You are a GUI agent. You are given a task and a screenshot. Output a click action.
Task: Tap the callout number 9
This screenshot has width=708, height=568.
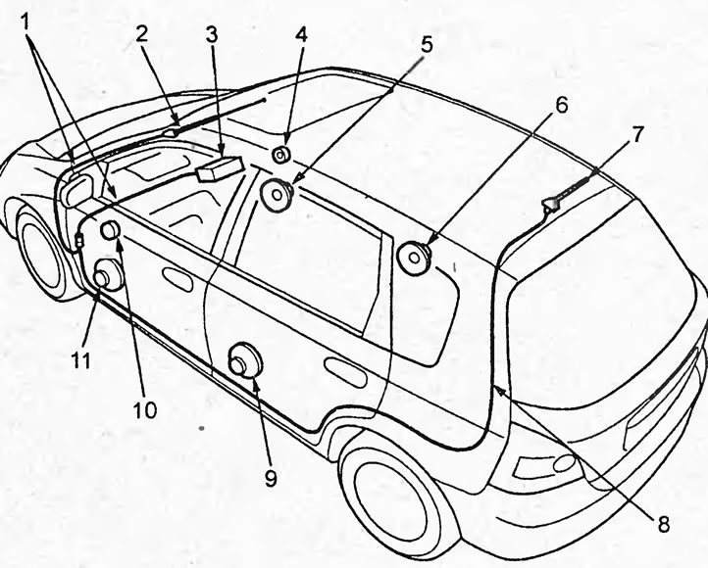coord(272,478)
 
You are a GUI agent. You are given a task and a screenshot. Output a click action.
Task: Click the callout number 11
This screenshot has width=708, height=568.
coord(80,360)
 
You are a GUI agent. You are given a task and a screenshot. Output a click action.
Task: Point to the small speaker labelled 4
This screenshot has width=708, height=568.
coord(280,153)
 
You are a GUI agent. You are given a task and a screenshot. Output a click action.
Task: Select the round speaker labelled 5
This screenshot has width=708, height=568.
coord(276,194)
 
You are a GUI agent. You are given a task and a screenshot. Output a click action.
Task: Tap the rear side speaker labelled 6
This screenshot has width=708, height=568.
coord(415,257)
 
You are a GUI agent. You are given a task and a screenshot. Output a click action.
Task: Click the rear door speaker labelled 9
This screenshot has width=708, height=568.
coord(241,363)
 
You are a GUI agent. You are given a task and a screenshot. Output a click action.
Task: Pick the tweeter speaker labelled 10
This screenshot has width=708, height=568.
coord(110,231)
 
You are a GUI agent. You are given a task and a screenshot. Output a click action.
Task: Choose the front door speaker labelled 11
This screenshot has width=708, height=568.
coord(106,277)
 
